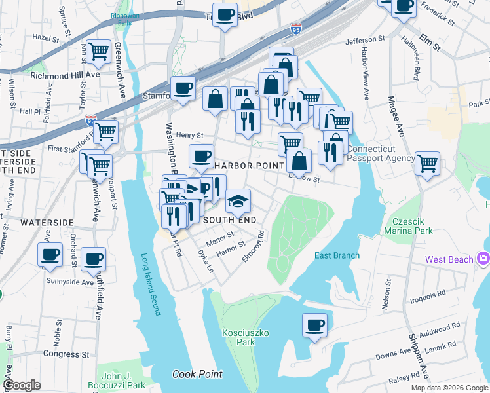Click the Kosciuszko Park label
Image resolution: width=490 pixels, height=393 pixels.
[236, 337]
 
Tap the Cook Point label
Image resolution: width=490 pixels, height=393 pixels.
[197, 375]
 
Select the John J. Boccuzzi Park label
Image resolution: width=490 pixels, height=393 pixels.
[115, 381]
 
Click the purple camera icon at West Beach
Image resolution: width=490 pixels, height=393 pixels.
[484, 259]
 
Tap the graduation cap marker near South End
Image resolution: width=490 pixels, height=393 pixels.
[238, 200]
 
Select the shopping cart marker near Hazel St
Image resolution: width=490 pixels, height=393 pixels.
[98, 50]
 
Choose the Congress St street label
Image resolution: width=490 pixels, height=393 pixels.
[66, 354]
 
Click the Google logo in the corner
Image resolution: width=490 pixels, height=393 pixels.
[22, 385]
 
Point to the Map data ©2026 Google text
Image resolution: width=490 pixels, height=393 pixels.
[449, 388]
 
